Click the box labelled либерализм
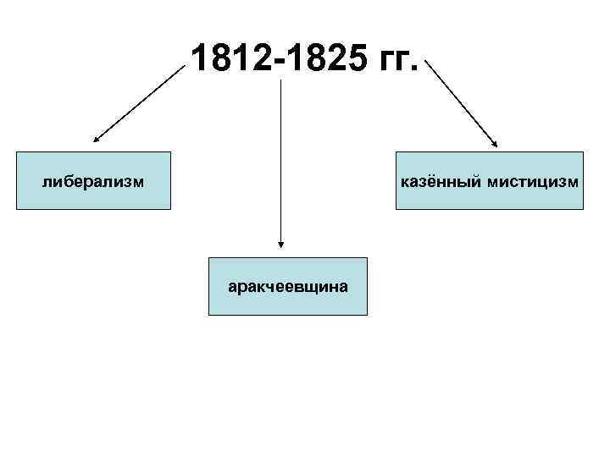click(93, 180)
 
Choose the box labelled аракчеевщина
click(288, 286)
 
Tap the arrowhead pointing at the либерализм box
click(97, 137)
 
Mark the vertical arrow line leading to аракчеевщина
click(280, 161)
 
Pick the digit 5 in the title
click(352, 59)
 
